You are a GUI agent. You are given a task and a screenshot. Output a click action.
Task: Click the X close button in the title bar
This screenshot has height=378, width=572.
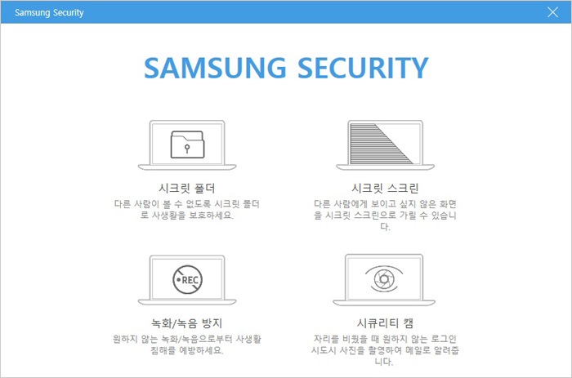click(x=552, y=12)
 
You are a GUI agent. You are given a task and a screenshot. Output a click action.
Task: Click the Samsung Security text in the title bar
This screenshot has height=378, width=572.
click(x=49, y=13)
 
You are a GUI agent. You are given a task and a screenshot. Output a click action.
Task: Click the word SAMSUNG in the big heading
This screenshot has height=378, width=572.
click(x=215, y=68)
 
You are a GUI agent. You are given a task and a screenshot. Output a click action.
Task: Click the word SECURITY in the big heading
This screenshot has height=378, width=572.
click(x=363, y=68)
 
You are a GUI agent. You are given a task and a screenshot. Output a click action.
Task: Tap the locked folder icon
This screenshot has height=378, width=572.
click(x=187, y=145)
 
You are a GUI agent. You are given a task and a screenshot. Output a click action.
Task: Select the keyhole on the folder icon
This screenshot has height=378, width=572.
click(x=187, y=149)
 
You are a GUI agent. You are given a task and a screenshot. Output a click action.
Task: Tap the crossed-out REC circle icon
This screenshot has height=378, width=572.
click(x=187, y=279)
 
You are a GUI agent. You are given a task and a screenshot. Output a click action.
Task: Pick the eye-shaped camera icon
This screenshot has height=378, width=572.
click(x=384, y=279)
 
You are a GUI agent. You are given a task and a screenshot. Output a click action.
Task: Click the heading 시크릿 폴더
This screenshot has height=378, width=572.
click(x=187, y=188)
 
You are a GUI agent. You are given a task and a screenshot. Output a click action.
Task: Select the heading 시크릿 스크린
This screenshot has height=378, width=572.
click(x=385, y=188)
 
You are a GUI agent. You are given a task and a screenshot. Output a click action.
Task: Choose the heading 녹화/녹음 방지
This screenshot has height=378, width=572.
click(x=187, y=323)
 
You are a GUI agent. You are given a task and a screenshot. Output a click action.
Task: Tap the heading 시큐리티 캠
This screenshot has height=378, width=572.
click(x=385, y=323)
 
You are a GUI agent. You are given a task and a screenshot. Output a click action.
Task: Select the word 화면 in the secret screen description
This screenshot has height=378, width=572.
click(x=448, y=204)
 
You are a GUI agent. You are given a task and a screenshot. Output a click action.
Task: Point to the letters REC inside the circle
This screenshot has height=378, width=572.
click(x=190, y=280)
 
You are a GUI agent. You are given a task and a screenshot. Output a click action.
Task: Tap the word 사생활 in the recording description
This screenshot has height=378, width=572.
click(x=248, y=339)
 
